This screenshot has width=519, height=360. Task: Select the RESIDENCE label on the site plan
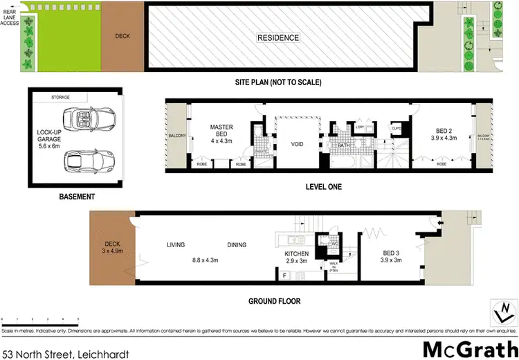[278, 37]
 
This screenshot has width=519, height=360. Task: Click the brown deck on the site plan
[122, 36]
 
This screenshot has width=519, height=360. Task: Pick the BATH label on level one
[344, 146]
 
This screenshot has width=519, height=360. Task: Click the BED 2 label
[445, 133]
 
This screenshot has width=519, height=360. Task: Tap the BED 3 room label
[393, 257]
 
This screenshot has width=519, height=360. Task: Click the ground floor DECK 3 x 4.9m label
[111, 248]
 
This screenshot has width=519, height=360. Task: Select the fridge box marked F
[285, 276]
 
